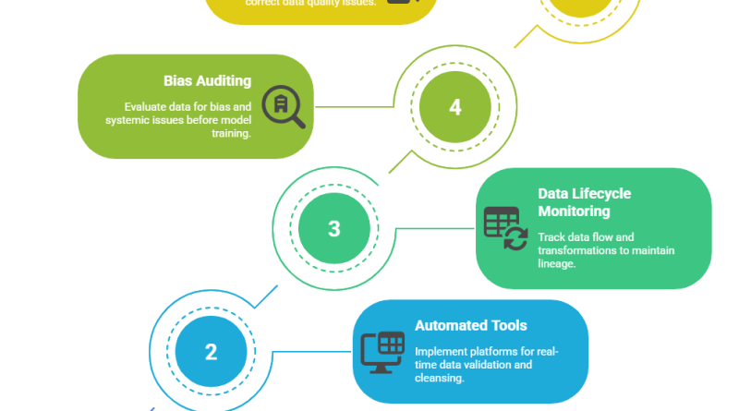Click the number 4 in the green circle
[x=454, y=107]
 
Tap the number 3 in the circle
[x=334, y=229]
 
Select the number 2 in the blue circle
[x=211, y=352]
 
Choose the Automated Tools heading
[x=471, y=325]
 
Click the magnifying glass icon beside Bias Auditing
[x=283, y=106]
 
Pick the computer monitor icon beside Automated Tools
[x=382, y=352]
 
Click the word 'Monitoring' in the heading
[x=575, y=212]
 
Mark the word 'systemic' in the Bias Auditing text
[x=129, y=119]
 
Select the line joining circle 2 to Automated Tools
[x=312, y=352]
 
